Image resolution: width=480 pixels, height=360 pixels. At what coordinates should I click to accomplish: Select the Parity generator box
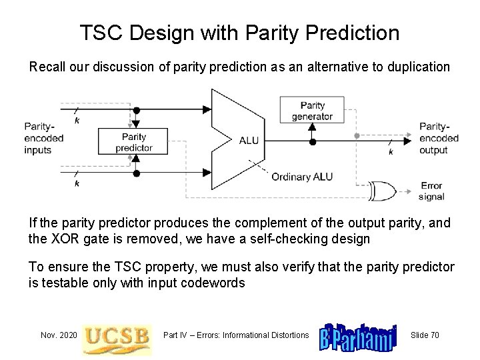[x=312, y=110]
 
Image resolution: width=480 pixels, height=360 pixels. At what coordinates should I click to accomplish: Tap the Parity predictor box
[x=133, y=142]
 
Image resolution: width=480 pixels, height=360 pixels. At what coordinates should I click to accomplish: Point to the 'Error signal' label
[x=431, y=191]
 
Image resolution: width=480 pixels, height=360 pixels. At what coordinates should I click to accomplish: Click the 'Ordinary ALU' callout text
[x=302, y=176]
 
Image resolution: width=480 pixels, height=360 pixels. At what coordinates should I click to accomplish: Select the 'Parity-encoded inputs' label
[x=43, y=138]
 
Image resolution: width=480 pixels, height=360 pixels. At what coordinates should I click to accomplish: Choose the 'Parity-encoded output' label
[x=439, y=138]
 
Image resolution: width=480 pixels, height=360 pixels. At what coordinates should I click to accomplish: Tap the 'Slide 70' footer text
[x=425, y=335]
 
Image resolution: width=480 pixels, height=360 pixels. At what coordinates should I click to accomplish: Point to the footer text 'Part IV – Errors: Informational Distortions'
[x=236, y=335]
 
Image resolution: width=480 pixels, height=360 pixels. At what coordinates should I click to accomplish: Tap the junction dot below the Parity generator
[x=312, y=142]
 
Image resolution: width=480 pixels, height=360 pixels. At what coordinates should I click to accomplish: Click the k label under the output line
[x=390, y=152]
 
